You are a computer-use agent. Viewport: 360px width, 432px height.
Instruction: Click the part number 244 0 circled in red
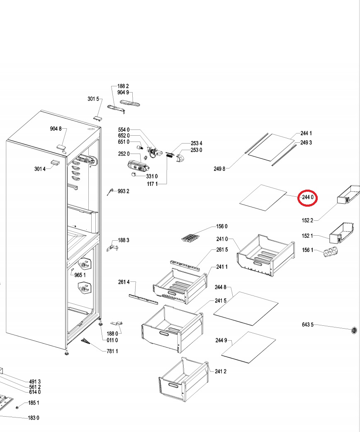click(x=307, y=198)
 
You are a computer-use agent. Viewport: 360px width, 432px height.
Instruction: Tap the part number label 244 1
click(x=306, y=133)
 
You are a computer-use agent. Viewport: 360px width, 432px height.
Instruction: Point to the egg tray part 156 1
click(x=331, y=252)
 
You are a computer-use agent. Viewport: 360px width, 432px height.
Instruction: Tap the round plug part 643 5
click(x=354, y=330)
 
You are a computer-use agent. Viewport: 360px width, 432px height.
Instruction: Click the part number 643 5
click(x=307, y=325)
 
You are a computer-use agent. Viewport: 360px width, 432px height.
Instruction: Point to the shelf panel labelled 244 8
click(x=246, y=305)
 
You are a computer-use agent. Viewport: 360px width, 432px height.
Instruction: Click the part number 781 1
click(x=112, y=351)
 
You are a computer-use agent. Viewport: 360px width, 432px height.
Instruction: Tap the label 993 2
click(x=124, y=191)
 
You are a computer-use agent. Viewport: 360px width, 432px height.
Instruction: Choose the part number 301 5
click(x=93, y=99)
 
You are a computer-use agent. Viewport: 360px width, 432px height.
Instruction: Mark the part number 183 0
click(x=34, y=417)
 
